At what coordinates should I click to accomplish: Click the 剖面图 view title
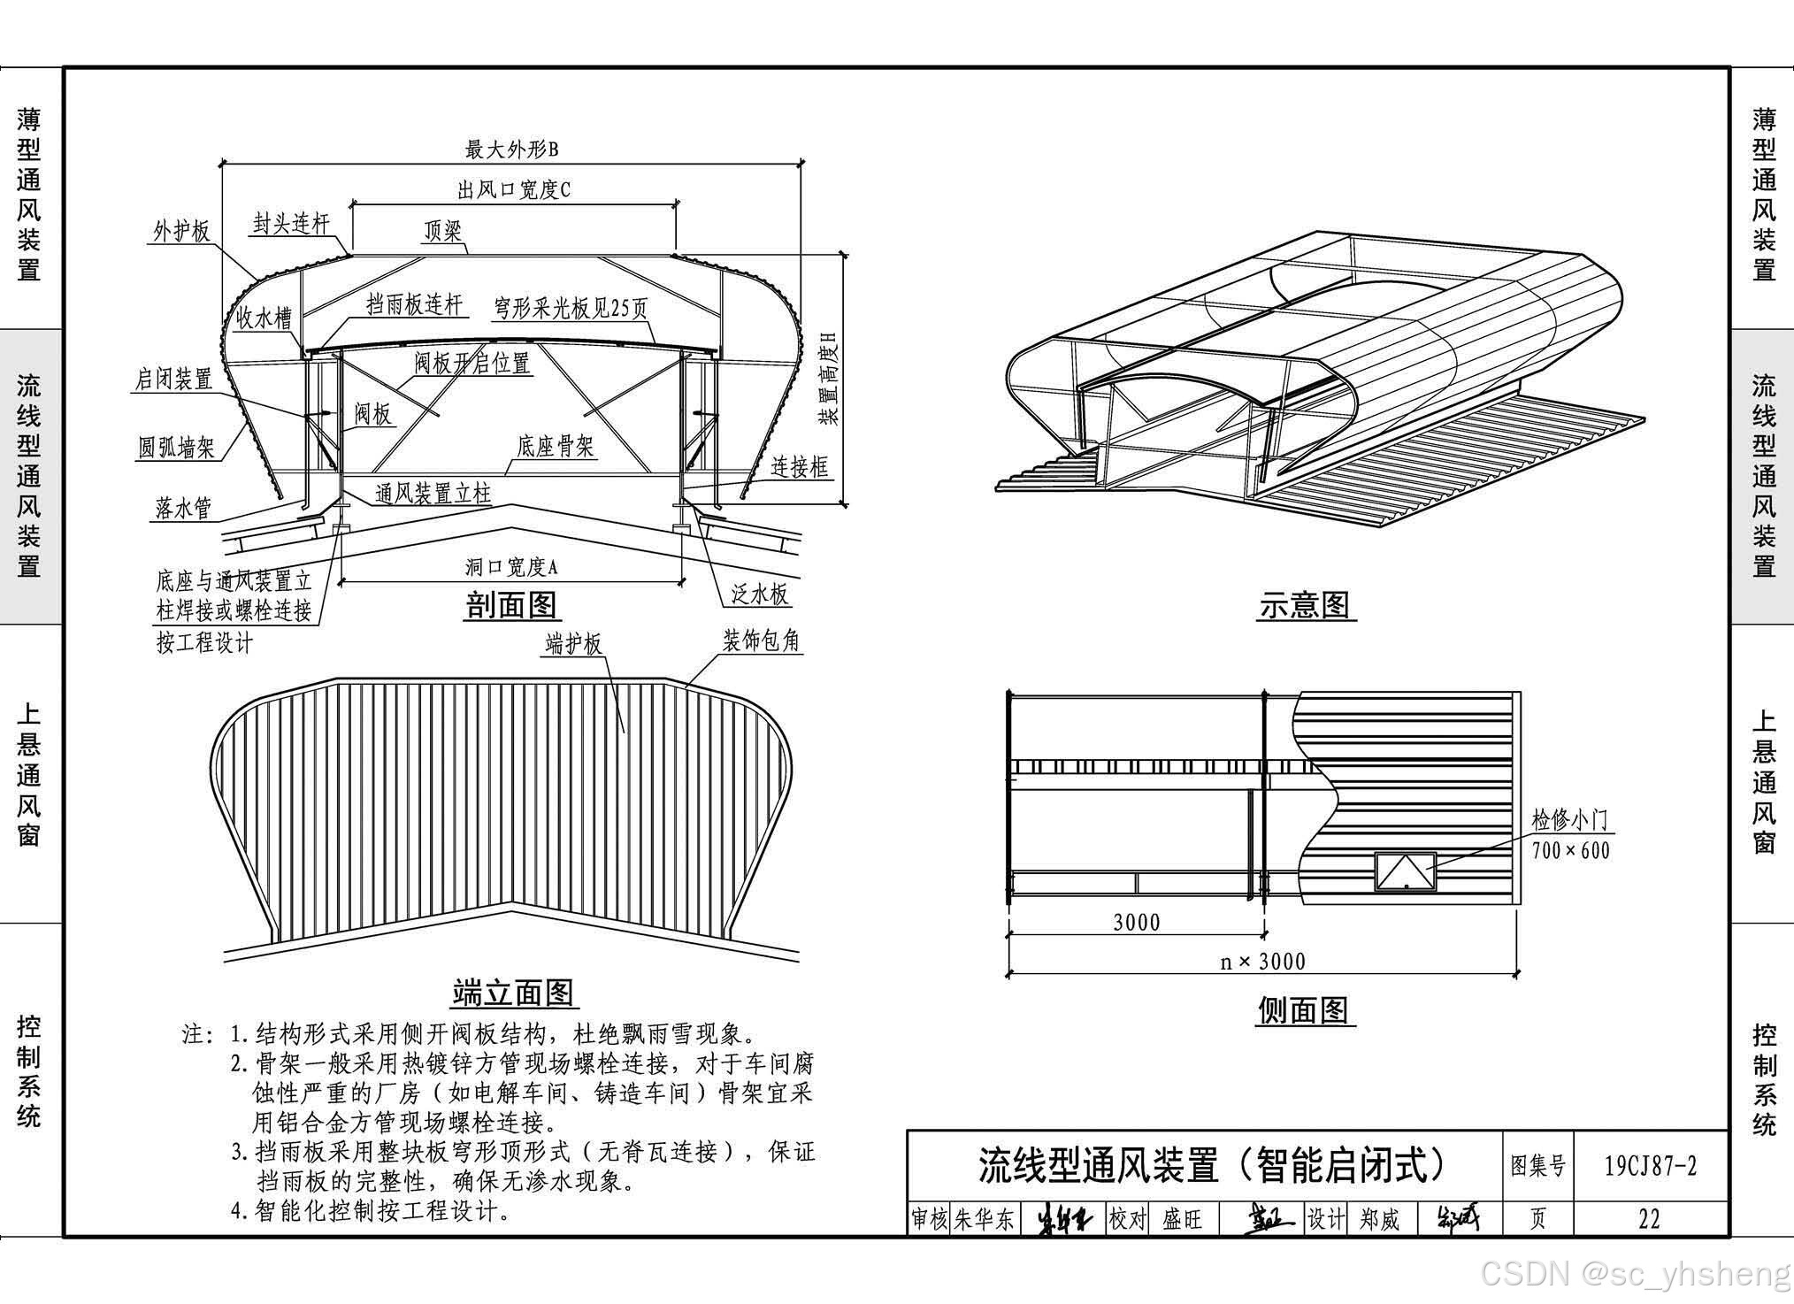pos(511,606)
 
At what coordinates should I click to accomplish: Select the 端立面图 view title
pos(513,993)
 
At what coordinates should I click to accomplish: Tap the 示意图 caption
pos(1305,606)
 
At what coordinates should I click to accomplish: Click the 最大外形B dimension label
pos(512,150)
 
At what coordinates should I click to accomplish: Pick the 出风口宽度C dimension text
pos(514,189)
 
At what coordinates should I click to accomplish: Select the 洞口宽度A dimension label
pos(512,567)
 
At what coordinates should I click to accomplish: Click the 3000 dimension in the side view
pos(1137,923)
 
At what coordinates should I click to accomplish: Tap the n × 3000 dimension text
pos(1262,962)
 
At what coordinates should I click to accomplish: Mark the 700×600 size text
pos(1570,851)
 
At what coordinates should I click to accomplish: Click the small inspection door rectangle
pos(1405,871)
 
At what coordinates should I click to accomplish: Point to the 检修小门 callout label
pos(1570,820)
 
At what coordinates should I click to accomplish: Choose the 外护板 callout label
pos(181,232)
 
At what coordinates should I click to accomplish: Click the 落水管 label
pos(183,508)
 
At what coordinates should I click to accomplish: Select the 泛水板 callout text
pos(759,594)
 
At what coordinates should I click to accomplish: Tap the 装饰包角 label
pos(761,640)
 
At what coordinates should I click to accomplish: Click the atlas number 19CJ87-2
pos(1651,1165)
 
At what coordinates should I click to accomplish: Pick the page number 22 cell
pos(1649,1219)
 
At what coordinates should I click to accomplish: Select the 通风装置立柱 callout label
pos(433,493)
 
